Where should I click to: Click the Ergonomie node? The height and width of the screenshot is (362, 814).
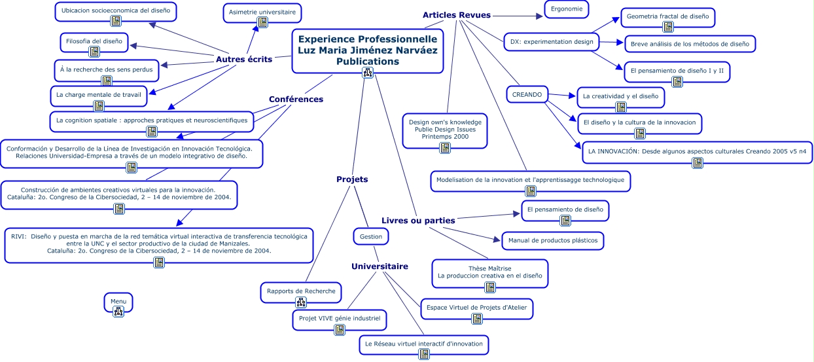coord(567,9)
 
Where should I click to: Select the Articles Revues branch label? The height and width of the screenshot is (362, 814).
coord(456,15)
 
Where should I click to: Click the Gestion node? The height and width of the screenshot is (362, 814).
coord(371,236)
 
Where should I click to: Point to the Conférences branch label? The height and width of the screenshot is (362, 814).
coord(296,100)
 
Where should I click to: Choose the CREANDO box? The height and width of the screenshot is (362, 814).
coord(527,95)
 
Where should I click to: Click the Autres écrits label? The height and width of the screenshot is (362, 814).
coord(243,60)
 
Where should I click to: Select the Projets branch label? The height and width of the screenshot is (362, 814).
coord(352,179)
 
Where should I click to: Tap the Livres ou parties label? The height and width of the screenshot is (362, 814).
coord(418,221)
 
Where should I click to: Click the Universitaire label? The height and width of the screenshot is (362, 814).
coord(380,266)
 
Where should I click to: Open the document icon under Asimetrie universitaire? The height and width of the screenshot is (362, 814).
coord(262,22)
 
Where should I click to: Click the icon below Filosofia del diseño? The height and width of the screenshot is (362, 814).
coord(94,52)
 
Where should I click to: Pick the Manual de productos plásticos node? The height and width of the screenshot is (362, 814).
coord(552,241)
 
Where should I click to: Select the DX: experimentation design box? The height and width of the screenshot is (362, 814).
coord(551,42)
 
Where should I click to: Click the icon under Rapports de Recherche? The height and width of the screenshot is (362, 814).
coord(301,302)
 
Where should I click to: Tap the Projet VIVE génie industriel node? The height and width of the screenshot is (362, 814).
coord(339,319)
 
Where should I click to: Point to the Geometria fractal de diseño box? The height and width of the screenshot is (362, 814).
coord(667,17)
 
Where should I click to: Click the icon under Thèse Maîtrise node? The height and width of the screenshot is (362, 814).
coord(489,287)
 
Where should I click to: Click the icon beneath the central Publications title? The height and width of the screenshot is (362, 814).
coord(367,72)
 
